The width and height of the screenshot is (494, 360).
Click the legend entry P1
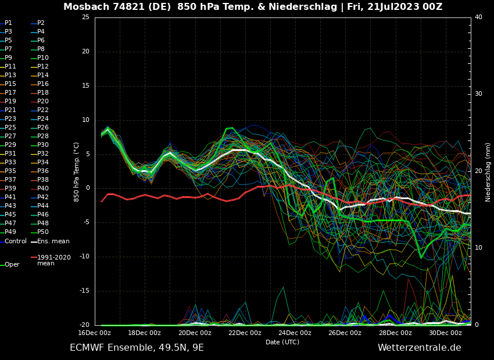8,23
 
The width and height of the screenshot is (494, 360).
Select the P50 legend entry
43,232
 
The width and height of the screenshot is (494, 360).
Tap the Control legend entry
16,241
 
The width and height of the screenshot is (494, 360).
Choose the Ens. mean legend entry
53,241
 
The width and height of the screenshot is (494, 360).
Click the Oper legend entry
12,265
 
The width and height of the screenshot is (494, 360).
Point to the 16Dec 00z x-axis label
94,333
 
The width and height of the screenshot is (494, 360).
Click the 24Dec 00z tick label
295,333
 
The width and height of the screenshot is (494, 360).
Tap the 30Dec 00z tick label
445,333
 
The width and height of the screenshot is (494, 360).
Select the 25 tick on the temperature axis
85,17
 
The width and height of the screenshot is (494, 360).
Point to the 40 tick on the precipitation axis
478,17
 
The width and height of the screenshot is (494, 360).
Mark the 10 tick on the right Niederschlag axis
478,248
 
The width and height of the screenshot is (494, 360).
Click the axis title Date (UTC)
282,342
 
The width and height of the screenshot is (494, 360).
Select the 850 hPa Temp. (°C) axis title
77,171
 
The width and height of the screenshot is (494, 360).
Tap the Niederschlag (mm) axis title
488,172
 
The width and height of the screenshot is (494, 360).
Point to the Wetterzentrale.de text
419,348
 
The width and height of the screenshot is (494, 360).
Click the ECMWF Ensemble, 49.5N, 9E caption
137,348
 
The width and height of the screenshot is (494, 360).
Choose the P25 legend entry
10,128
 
